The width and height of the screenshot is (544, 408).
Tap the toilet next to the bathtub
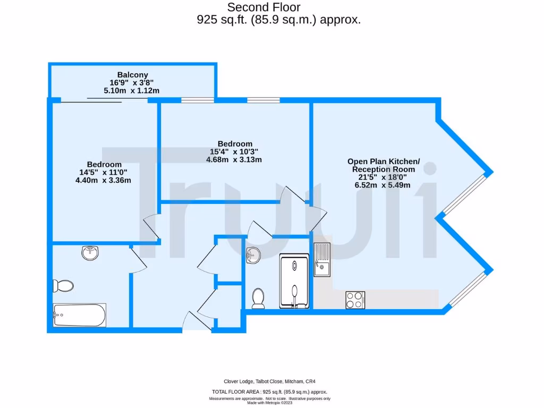click(63, 286)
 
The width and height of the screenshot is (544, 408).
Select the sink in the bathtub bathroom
click(91, 253)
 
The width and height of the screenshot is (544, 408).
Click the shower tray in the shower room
click(294, 281)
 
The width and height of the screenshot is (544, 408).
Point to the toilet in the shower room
click(259, 298)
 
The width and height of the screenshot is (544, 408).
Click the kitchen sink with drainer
click(321, 260)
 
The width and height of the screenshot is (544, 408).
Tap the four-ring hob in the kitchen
click(355, 300)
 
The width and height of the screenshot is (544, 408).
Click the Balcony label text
click(132, 75)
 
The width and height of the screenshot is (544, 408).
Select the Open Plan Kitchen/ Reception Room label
click(383, 165)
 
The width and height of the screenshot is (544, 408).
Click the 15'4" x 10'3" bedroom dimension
click(235, 151)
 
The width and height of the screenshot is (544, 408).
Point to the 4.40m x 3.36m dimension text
click(103, 180)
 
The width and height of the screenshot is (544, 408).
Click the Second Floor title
click(271, 7)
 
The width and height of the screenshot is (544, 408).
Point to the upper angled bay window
click(465, 194)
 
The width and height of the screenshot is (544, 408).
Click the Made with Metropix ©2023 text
click(270, 402)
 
